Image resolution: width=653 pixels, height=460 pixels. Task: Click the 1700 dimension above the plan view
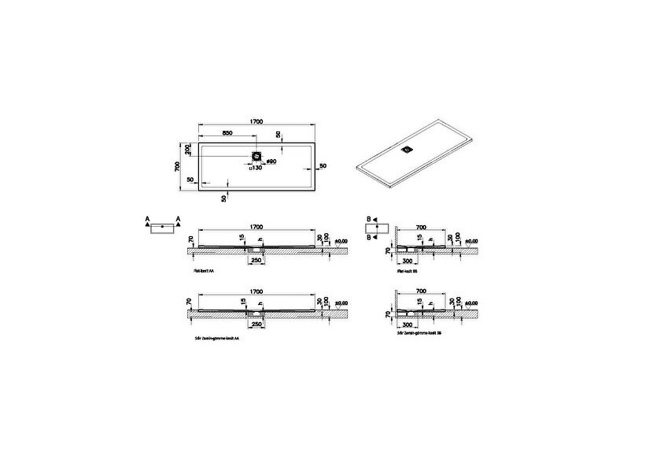[256, 121]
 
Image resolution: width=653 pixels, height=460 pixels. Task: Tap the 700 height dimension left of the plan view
[179, 165]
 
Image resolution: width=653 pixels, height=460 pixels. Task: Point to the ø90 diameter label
[271, 161]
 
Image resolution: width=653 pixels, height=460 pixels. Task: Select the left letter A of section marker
[147, 217]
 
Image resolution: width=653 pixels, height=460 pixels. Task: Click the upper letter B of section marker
[367, 217]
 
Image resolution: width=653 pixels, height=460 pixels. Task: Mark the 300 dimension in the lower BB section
[408, 322]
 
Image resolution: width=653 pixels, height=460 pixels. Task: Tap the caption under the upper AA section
[205, 269]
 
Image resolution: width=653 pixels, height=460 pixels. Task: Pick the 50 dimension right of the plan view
[323, 166]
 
